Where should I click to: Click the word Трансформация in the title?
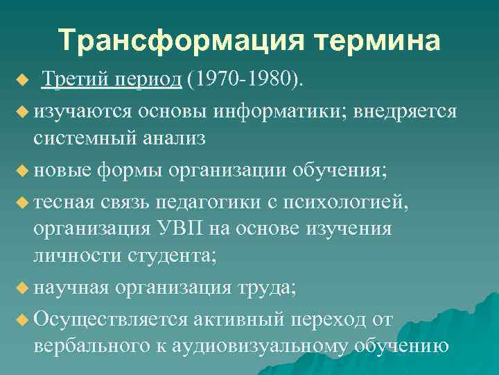pos(170,41)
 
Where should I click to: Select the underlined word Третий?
pos(71,80)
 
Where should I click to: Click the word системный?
pos(85,138)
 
